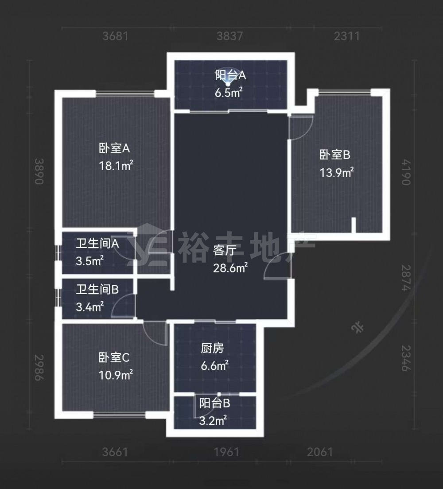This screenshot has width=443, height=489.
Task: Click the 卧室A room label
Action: tap(114, 148)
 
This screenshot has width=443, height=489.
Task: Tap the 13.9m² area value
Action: tap(337, 172)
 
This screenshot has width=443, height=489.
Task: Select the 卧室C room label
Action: tap(114, 357)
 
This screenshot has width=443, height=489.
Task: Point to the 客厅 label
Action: tap(225, 250)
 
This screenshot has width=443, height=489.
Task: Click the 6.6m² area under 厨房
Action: tap(215, 365)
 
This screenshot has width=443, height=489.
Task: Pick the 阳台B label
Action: tap(215, 403)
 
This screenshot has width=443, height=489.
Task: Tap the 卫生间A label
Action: tap(97, 243)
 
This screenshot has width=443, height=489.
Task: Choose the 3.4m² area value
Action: tap(90, 307)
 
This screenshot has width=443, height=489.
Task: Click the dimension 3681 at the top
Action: tap(116, 36)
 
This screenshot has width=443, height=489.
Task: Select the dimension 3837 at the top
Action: tap(229, 36)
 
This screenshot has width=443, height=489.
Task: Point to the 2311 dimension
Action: tap(347, 36)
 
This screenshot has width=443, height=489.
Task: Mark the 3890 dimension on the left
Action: tap(39, 171)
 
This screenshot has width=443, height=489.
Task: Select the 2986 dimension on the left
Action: tap(39, 367)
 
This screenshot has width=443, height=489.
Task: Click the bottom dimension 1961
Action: tap(226, 452)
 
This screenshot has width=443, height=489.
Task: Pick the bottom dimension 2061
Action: tap(320, 452)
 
